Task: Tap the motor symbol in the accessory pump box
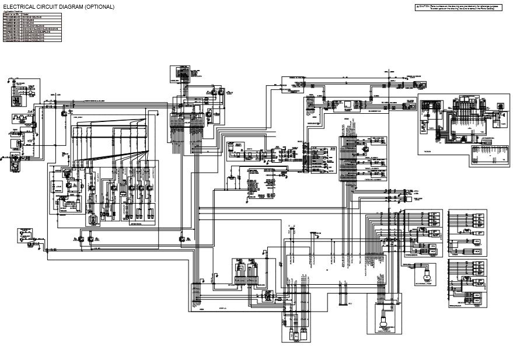pos(427,271)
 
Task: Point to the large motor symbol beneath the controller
pos(385,318)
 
